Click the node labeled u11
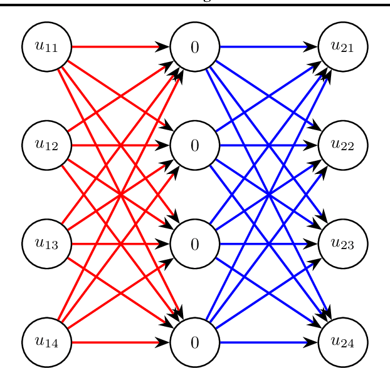tap(46, 46)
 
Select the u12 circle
tap(46, 145)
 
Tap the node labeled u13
tap(46, 244)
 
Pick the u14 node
tap(46, 342)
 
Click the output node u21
tap(343, 46)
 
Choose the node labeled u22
tap(343, 145)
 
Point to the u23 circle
tap(343, 244)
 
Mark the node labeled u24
tap(343, 342)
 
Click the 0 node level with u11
tap(194, 46)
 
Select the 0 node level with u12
tap(194, 145)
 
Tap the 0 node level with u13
tap(194, 244)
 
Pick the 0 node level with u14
tap(194, 342)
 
